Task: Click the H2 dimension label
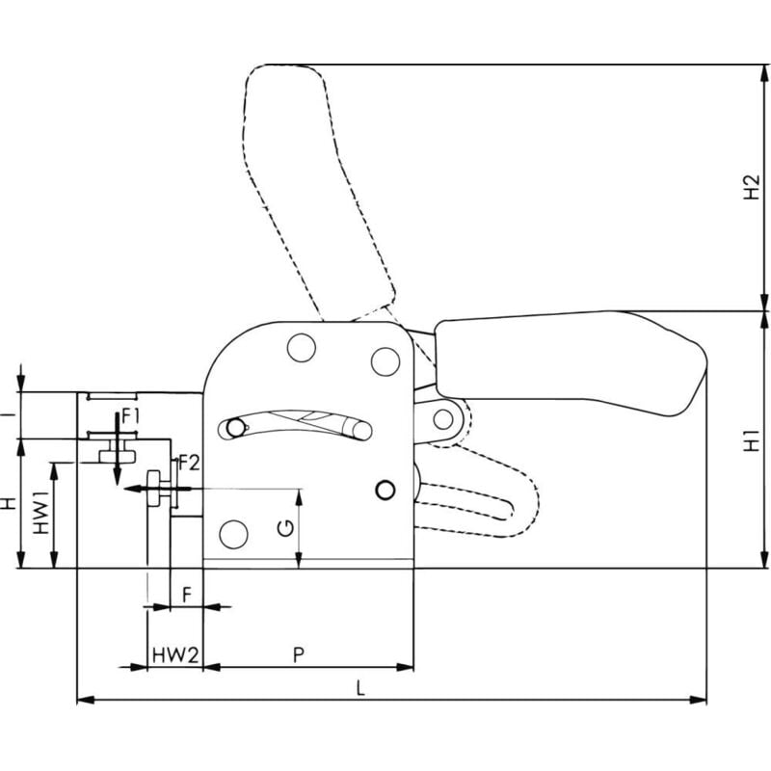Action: click(x=752, y=187)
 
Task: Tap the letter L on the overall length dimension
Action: click(x=360, y=688)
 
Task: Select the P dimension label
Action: click(x=299, y=655)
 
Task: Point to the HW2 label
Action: click(x=175, y=655)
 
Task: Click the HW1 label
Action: click(x=41, y=512)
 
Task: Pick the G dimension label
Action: click(x=285, y=527)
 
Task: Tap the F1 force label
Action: click(x=131, y=417)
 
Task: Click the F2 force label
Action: click(x=189, y=463)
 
